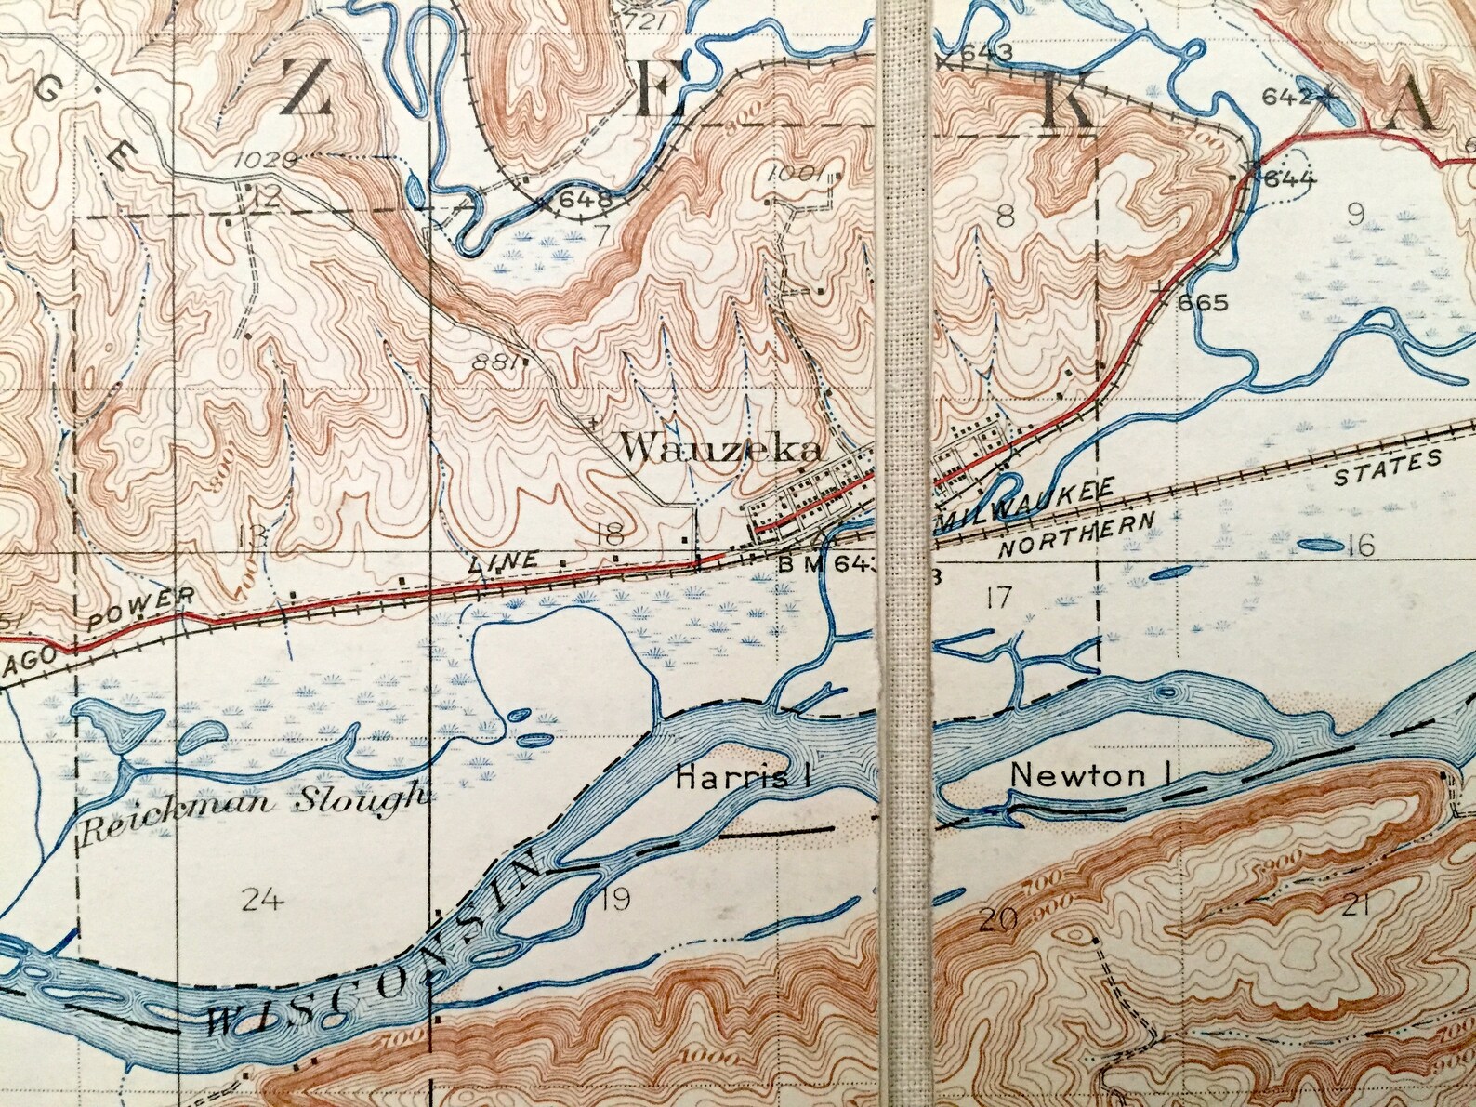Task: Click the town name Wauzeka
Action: tap(721, 451)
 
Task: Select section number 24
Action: tap(260, 899)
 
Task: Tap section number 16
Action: tap(1360, 545)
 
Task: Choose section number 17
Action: tap(998, 597)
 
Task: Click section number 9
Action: tap(1355, 216)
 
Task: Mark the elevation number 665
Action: tap(1202, 303)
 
